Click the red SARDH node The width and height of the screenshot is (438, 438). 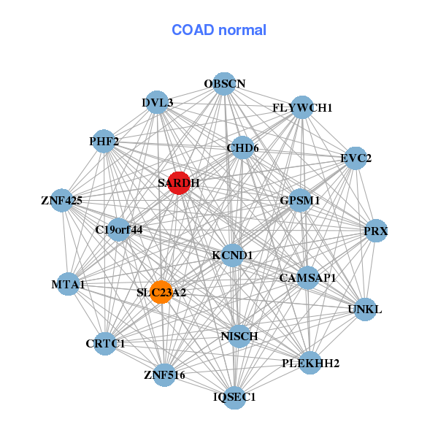[179, 183]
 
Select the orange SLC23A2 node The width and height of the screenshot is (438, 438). [161, 292]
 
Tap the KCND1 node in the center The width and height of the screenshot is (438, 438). [232, 255]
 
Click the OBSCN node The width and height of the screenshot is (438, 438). [224, 84]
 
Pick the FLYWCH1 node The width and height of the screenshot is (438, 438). [302, 107]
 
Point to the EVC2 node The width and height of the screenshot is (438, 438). [356, 158]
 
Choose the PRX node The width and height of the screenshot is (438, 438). [375, 231]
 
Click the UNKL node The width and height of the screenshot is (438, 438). [364, 309]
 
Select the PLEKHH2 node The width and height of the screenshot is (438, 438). [311, 362]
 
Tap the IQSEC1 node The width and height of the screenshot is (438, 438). [234, 396]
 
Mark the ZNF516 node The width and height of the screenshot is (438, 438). [164, 375]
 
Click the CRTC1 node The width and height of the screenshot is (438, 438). [106, 343]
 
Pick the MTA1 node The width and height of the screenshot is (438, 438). [69, 284]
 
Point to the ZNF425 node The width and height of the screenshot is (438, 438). [62, 199]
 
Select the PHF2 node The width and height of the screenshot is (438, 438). [104, 140]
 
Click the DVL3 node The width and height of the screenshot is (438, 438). [158, 103]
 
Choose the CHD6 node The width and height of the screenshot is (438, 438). [242, 148]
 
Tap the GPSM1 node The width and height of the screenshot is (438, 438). [300, 199]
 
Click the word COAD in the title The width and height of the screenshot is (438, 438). [191, 30]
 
